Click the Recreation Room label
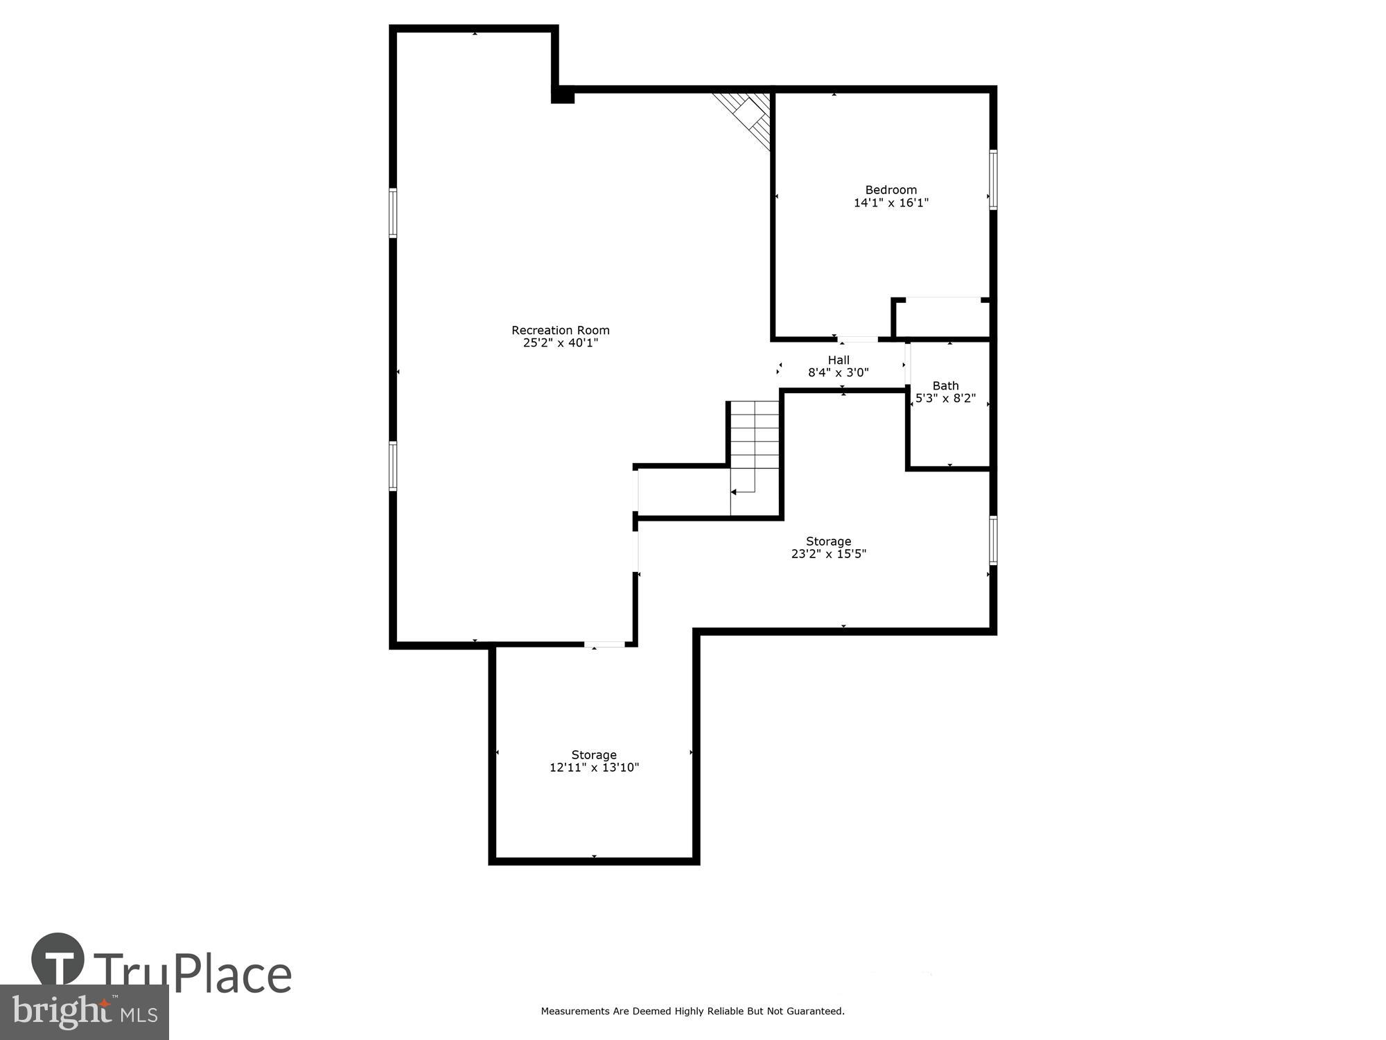click(560, 330)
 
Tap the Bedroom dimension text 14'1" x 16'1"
click(891, 203)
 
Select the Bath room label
click(945, 385)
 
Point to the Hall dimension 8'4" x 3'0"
click(838, 372)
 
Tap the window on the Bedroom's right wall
click(992, 179)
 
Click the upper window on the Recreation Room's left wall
click(393, 213)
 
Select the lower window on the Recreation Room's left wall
click(393, 466)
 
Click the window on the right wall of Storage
click(992, 540)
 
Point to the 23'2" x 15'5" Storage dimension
click(828, 554)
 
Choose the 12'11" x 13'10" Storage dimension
click(594, 768)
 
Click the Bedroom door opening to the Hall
click(858, 340)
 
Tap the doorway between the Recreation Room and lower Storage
click(604, 645)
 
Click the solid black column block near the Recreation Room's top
click(563, 95)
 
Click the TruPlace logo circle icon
click(58, 960)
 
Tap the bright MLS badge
click(84, 1012)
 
